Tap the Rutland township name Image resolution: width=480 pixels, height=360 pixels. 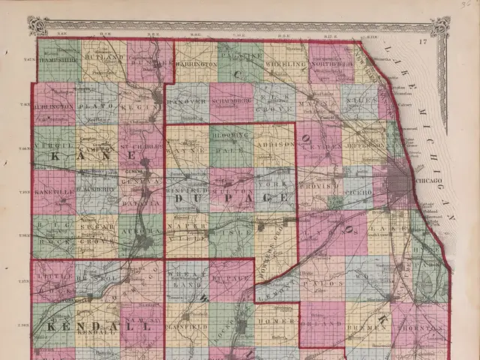[103, 57]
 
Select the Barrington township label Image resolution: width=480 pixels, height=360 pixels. [196, 65]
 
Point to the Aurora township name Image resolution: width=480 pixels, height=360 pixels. [139, 233]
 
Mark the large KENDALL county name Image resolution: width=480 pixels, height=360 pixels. [79, 328]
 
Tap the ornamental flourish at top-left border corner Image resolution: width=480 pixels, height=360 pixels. [37, 26]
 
